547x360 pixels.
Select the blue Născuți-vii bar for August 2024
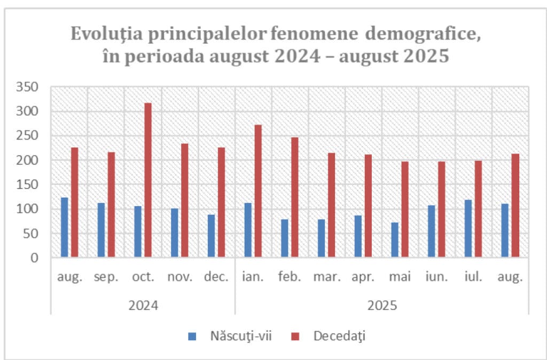(65, 228)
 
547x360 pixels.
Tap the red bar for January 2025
(258, 191)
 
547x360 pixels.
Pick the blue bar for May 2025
(395, 240)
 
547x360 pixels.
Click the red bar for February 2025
(295, 198)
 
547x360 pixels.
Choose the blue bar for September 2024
(101, 230)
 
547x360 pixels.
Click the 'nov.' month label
(179, 278)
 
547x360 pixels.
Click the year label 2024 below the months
(143, 306)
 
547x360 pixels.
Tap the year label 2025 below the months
(381, 306)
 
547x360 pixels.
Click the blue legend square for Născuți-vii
(192, 336)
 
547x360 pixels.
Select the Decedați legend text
(340, 336)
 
